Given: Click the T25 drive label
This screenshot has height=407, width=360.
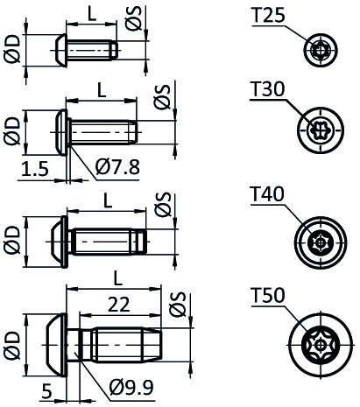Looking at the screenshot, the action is click(268, 15).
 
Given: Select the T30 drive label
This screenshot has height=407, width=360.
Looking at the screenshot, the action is click(267, 89).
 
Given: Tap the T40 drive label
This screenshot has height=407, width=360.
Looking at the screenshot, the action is click(267, 194).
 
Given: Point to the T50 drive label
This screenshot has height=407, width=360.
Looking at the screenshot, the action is click(268, 296).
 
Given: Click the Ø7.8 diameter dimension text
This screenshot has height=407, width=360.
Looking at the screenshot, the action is click(117, 167).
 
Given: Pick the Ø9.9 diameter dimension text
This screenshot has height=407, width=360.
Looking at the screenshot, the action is click(131, 388).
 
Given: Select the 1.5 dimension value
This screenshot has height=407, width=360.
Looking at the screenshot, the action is click(35, 169).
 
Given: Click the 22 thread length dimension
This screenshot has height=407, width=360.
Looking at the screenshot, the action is click(119, 305).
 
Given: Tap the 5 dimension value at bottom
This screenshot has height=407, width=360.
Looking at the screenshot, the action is click(46, 391).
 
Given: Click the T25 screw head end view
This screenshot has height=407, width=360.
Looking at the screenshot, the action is click(321, 50).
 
